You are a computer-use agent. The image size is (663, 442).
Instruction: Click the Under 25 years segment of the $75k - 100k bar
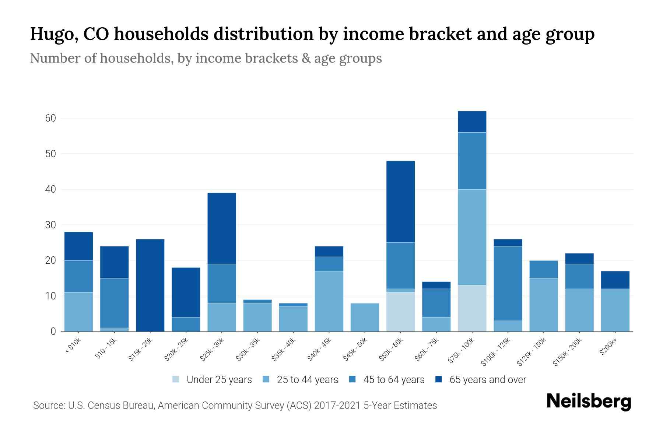click(x=472, y=308)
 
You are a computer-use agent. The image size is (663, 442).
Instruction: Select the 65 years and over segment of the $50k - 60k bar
click(x=400, y=201)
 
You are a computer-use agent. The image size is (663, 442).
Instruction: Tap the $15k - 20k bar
click(x=150, y=285)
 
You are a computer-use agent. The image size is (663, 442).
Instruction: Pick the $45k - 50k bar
click(x=365, y=317)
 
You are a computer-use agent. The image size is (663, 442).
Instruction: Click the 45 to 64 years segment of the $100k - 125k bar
click(x=508, y=283)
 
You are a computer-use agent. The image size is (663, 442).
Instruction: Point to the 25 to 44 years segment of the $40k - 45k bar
click(x=329, y=301)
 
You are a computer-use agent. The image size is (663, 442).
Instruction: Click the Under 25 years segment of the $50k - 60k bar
click(x=400, y=312)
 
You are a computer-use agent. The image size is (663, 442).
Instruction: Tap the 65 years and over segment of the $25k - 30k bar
click(x=221, y=228)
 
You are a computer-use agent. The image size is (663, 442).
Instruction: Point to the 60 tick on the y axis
click(x=50, y=118)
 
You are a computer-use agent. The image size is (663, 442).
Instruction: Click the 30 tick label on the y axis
click(x=50, y=225)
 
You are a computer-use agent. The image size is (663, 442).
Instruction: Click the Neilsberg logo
click(x=589, y=401)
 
